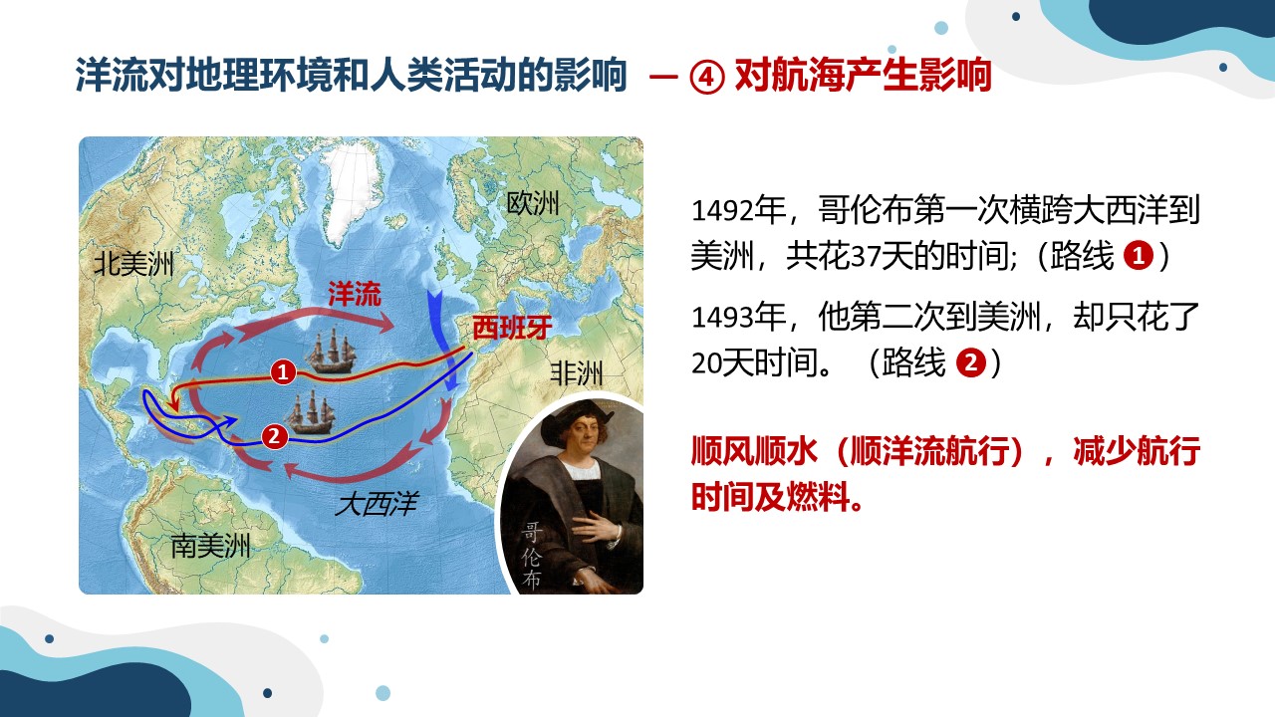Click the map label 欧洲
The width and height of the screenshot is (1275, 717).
pos(533,203)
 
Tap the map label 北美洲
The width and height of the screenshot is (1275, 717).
pos(133,264)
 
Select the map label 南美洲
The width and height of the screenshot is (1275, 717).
pos(210,547)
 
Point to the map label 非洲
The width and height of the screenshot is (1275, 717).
pos(576,373)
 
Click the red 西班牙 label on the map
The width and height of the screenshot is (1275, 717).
pos(512,328)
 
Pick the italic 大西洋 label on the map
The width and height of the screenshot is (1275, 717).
pos(377,504)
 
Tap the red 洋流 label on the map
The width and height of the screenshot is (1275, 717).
pos(354,294)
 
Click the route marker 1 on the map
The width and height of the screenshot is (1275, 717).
pos(283,372)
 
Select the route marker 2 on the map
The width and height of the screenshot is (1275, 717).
pos(274,436)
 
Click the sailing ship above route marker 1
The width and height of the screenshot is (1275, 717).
pos(330,352)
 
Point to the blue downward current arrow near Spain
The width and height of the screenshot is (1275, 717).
pos(443,342)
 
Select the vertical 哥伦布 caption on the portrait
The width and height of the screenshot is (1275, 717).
pos(531,555)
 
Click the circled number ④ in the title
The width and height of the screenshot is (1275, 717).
pos(707,76)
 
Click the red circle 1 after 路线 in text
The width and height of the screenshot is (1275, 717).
pos(1139,256)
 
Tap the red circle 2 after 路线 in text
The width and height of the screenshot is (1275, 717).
pos(971,362)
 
